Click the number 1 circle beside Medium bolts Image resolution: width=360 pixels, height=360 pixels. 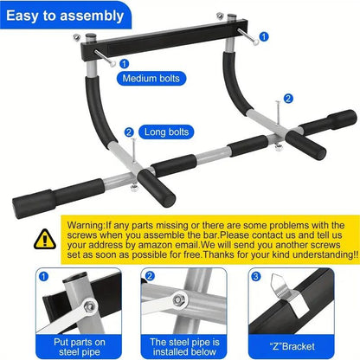(x=124, y=63)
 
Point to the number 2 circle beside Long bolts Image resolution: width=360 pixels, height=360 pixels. (x=129, y=132)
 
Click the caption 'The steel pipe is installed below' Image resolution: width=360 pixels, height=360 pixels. (x=181, y=346)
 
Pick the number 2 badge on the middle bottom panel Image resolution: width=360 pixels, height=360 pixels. (x=148, y=278)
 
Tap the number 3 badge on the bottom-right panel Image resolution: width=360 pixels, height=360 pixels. (x=256, y=278)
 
